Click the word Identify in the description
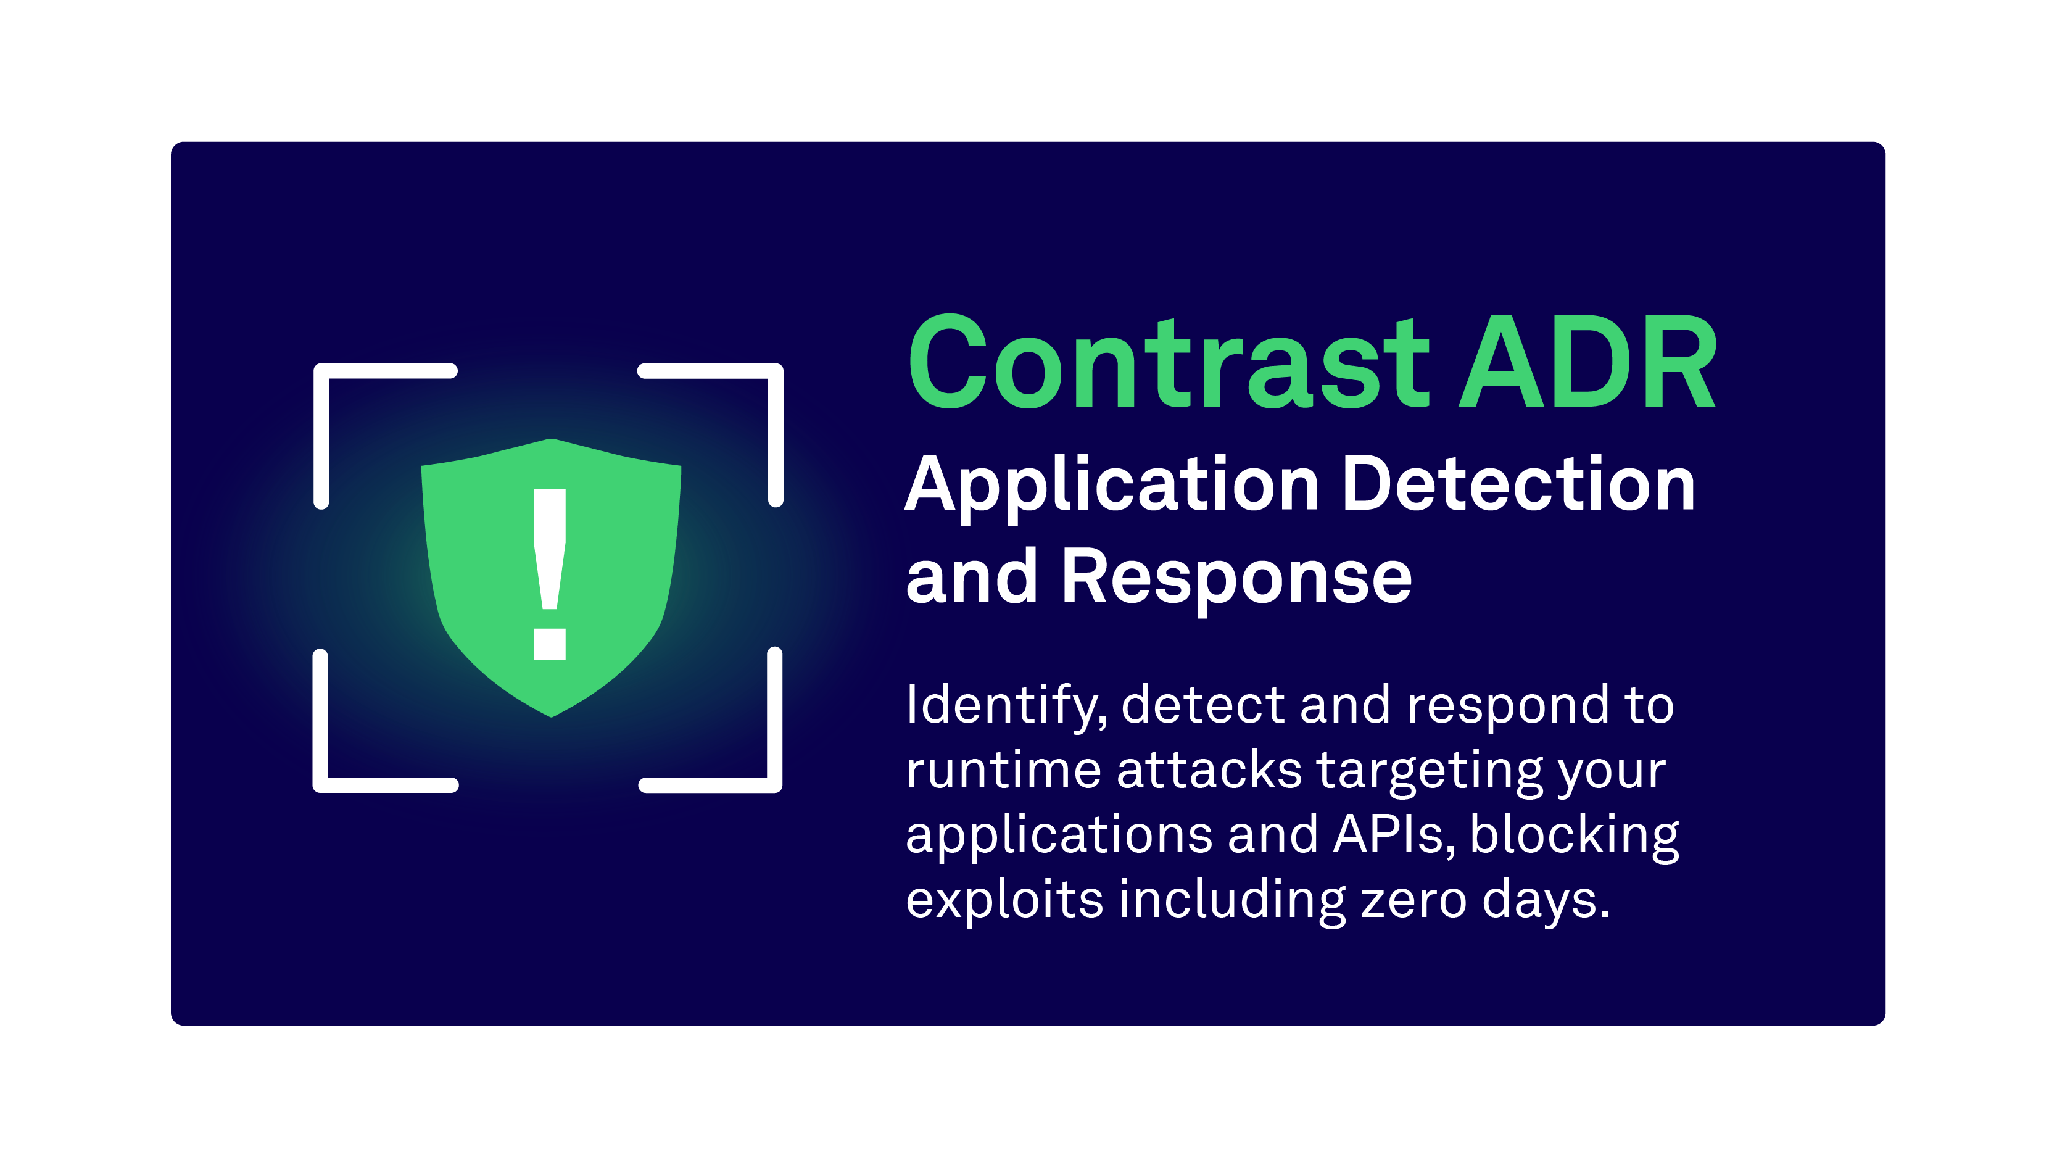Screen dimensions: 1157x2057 (1005, 706)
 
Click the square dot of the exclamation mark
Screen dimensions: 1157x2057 (549, 644)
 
